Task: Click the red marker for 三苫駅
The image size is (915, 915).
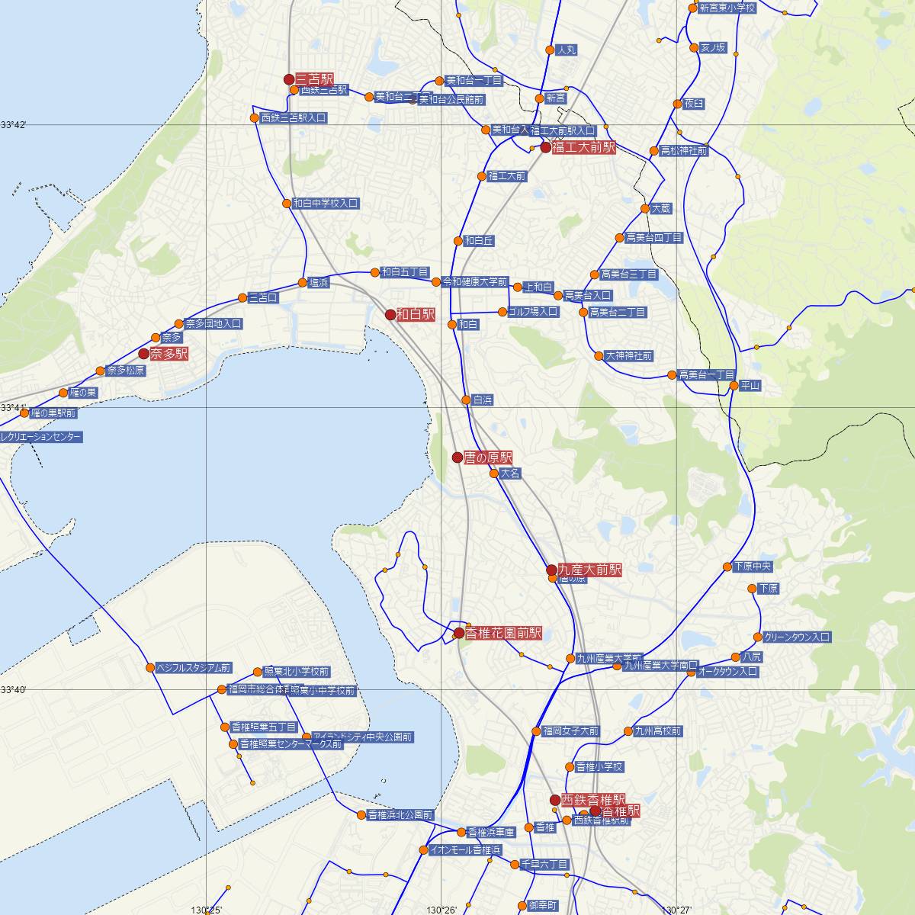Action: coord(289,79)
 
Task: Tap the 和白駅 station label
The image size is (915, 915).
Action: coord(416,314)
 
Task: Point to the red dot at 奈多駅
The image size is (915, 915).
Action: coord(143,354)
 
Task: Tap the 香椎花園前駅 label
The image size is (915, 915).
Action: coord(503,633)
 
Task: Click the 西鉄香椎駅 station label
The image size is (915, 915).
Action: coord(593,800)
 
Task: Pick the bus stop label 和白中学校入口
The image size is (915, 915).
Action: coord(326,204)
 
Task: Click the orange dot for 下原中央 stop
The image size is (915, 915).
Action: coord(727,567)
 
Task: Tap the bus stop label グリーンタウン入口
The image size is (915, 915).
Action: coord(797,637)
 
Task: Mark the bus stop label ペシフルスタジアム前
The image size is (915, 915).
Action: coord(193,668)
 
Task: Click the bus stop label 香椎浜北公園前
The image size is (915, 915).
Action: coord(400,815)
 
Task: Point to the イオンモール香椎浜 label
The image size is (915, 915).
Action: coord(465,849)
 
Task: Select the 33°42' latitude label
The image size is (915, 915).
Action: coord(14,124)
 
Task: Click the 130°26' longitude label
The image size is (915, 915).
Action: coord(441,910)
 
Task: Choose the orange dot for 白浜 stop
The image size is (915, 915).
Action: coord(466,400)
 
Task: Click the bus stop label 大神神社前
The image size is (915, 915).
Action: coord(628,356)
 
